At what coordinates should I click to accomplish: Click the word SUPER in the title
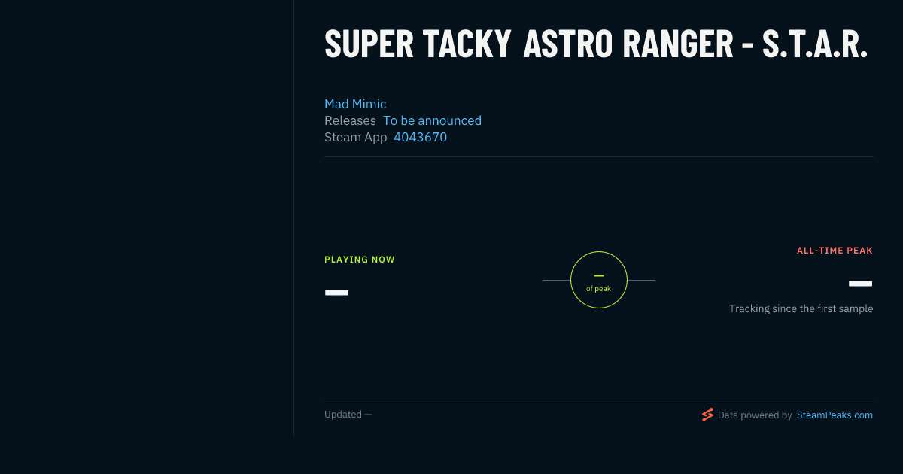click(x=369, y=44)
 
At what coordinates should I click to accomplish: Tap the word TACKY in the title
click(x=467, y=44)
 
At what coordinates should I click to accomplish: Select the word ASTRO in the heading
click(x=567, y=44)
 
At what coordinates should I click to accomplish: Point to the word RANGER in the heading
click(x=678, y=44)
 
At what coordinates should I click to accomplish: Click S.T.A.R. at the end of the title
click(x=815, y=44)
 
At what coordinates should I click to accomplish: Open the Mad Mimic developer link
click(x=355, y=104)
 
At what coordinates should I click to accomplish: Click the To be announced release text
click(x=432, y=120)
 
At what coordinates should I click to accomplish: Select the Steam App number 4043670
click(x=420, y=137)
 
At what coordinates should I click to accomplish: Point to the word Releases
click(x=350, y=120)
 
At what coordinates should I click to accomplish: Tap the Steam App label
click(x=355, y=138)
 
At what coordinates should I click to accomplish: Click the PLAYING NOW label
click(x=360, y=260)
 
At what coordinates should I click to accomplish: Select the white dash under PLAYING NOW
click(x=336, y=293)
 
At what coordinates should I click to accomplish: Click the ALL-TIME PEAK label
click(x=835, y=251)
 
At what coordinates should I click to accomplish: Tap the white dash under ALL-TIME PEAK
click(x=860, y=284)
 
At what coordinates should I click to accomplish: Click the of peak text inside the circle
click(x=599, y=289)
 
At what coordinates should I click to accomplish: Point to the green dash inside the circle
click(x=599, y=275)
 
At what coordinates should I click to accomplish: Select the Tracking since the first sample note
click(x=801, y=308)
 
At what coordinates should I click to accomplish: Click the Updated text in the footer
click(x=348, y=415)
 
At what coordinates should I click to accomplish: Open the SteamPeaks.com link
click(x=835, y=415)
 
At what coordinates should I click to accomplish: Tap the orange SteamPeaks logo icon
click(x=707, y=415)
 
